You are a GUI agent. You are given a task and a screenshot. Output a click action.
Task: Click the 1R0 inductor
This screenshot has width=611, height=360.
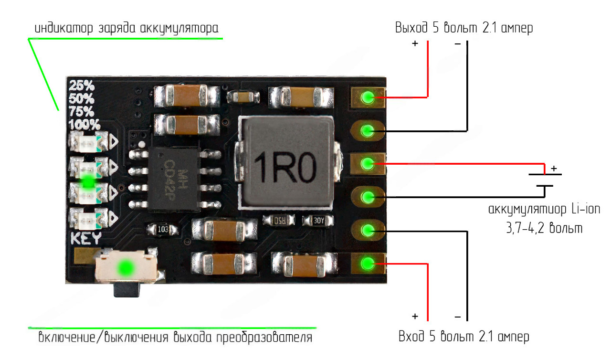click(285, 163)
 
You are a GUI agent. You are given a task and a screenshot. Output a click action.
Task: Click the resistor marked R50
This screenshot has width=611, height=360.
click(279, 221)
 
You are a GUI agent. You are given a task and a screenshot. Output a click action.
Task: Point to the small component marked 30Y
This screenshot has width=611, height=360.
click(318, 221)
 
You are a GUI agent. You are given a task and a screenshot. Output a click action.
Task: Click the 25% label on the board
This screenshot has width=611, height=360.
click(82, 86)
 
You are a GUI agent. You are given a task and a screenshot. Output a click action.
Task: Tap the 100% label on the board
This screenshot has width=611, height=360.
click(84, 125)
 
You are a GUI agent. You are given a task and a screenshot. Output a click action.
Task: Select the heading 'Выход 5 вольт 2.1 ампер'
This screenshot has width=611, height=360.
click(464, 28)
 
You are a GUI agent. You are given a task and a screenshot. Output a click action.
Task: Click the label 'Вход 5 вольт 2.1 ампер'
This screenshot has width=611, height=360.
click(464, 337)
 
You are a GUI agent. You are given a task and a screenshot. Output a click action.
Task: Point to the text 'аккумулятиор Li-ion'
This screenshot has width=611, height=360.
click(544, 209)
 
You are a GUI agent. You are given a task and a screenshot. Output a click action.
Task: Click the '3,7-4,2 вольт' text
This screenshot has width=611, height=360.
click(544, 228)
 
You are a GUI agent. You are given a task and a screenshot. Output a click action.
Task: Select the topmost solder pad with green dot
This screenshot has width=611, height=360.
click(367, 98)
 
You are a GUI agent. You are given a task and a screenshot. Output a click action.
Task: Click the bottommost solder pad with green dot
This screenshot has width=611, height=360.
click(367, 263)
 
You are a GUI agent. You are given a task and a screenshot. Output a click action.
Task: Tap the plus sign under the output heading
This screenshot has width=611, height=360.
click(414, 44)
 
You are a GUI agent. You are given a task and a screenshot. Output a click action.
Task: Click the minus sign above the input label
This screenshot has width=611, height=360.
click(457, 317)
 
